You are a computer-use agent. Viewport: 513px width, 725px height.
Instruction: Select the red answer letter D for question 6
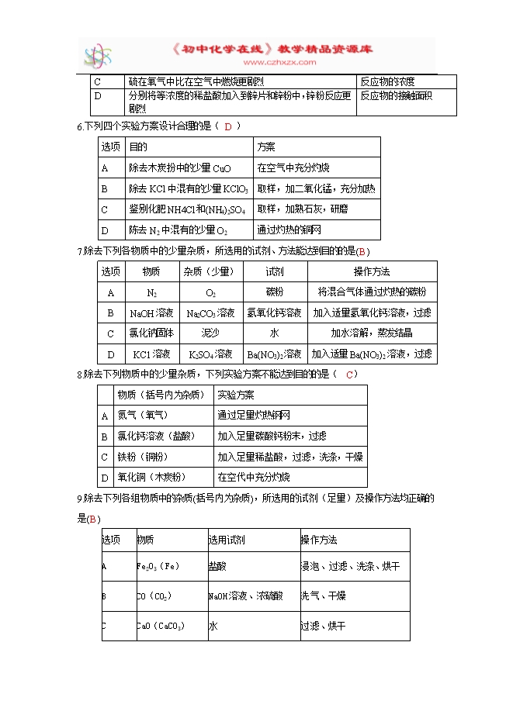tap(228, 126)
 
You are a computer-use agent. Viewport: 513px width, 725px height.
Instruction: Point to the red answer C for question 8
tap(350, 375)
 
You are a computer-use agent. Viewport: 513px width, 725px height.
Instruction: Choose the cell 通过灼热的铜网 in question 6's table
tap(289, 230)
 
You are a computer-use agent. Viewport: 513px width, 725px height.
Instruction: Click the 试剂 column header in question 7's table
tap(275, 271)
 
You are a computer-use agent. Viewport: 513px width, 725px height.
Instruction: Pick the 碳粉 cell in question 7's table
tap(275, 292)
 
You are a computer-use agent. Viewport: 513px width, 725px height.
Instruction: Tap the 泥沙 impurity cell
tap(210, 333)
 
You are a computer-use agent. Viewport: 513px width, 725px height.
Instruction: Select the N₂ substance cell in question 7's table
tap(151, 292)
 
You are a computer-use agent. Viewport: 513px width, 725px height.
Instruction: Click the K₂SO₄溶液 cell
tap(210, 354)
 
